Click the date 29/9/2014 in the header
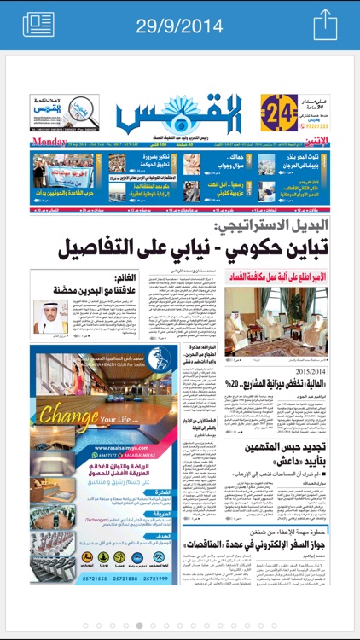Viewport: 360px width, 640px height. click(x=179, y=24)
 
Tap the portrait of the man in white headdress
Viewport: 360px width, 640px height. click(x=51, y=315)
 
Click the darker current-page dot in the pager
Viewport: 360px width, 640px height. click(x=141, y=625)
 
